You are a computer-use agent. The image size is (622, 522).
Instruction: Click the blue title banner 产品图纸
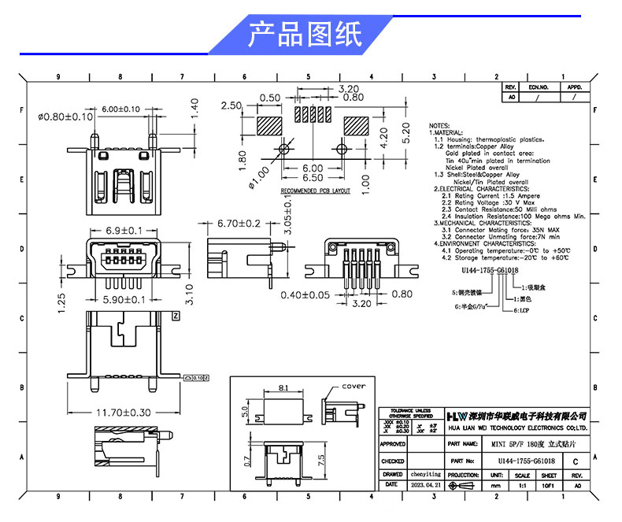coord(305,35)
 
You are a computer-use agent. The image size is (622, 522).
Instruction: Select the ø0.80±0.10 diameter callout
coord(65,117)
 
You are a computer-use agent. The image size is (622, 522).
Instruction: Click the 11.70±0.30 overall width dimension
coord(123,411)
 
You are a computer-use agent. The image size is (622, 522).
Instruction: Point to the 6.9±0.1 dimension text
coord(124,231)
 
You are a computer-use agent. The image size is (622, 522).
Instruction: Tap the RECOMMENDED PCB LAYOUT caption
coord(315,191)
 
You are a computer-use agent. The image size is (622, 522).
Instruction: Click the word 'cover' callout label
coord(354,387)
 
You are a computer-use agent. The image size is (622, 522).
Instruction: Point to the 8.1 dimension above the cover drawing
coord(283,387)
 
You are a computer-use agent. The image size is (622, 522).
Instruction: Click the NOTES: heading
coord(440,126)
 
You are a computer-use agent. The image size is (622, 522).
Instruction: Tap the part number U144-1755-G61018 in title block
coord(526,462)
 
